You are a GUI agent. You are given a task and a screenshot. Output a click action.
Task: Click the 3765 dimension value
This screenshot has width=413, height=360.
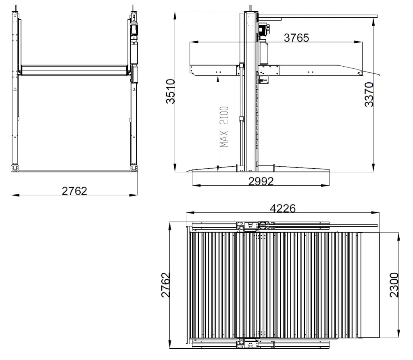point(296,38)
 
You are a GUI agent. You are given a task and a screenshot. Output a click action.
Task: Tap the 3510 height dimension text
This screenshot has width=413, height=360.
point(171,92)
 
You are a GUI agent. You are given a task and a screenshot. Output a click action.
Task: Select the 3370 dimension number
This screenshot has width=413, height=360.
point(369,94)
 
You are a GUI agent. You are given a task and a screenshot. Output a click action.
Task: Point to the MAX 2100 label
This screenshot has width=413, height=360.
point(224,126)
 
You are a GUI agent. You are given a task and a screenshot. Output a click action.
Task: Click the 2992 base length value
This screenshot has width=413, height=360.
point(261,181)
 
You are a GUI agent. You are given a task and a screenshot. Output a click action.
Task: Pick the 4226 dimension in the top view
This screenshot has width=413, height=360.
point(283,209)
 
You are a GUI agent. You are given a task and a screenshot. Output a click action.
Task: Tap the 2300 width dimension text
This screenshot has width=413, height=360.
point(394,285)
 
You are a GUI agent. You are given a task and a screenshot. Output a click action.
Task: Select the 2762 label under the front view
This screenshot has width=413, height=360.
point(74,191)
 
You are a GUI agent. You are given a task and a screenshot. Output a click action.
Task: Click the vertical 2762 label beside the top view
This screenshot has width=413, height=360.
point(166,285)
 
